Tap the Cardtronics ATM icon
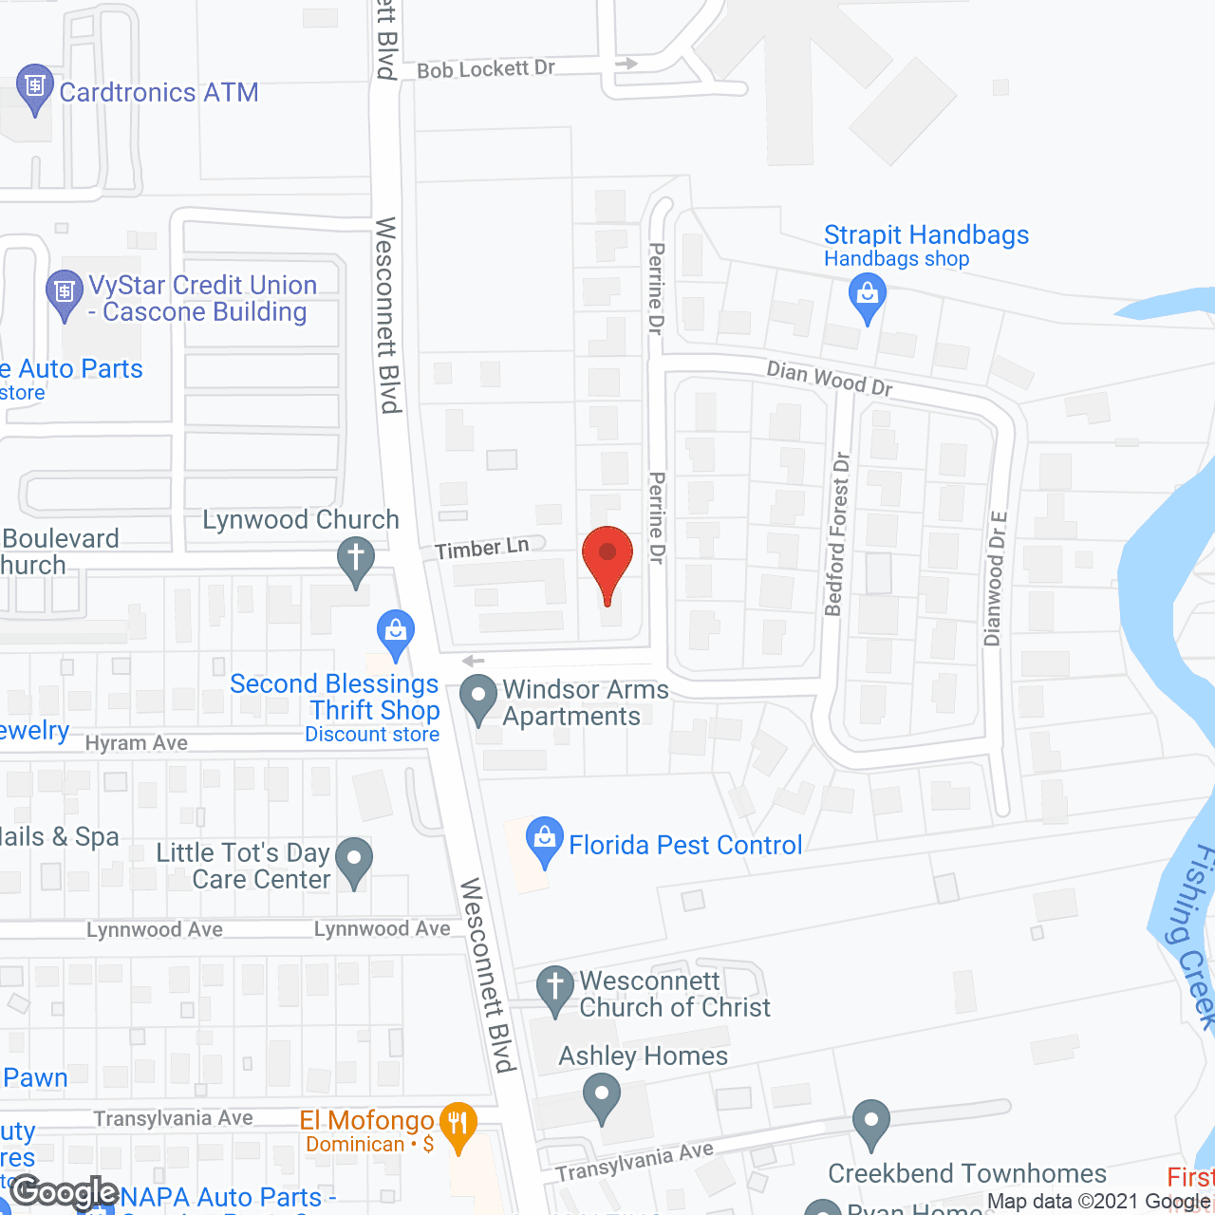35,87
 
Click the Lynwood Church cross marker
356,557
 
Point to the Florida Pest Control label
685,845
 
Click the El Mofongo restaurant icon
458,1126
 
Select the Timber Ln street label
482,548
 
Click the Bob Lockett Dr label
486,69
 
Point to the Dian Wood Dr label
830,378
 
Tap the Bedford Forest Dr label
837,534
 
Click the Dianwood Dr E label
996,579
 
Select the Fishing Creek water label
1192,935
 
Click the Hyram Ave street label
137,743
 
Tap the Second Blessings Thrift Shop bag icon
396,630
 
